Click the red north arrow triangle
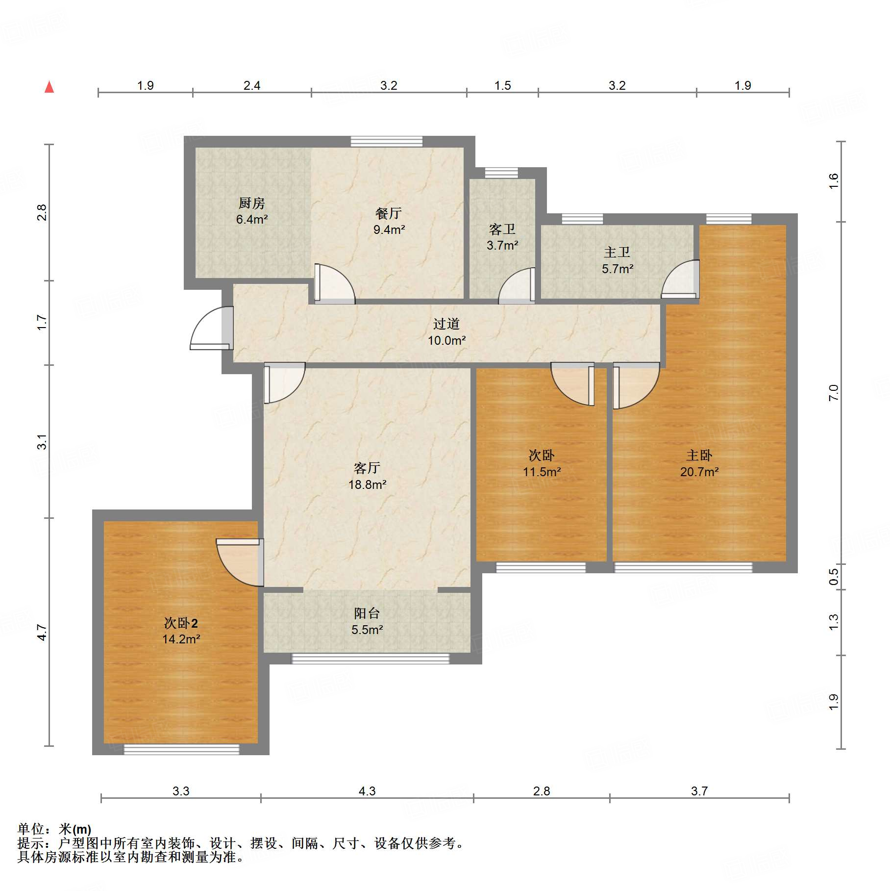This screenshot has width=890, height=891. pos(49,87)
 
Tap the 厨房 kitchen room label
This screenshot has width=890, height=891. pos(251,203)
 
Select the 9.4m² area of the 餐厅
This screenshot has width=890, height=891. pos(389,229)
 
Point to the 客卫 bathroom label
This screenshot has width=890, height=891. pos(502,229)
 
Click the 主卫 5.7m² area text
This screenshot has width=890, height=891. pos(618,269)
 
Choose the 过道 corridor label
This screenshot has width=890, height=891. pos(446,324)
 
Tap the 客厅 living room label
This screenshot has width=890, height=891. pos(367,468)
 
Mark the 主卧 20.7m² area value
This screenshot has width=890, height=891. pos(699,472)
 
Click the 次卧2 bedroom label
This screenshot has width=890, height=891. pos(181,623)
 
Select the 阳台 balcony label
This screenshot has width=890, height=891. pos(367,613)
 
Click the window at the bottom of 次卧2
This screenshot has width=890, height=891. pos(181,749)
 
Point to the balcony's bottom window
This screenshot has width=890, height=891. pos(371,659)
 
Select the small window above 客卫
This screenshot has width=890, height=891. pos(501,173)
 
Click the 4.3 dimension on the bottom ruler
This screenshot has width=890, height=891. pos(367,791)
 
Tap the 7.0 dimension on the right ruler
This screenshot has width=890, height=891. pos(834,393)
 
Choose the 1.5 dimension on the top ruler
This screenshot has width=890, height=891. pos(503,85)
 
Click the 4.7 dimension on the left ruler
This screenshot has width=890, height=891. pos(42,633)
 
